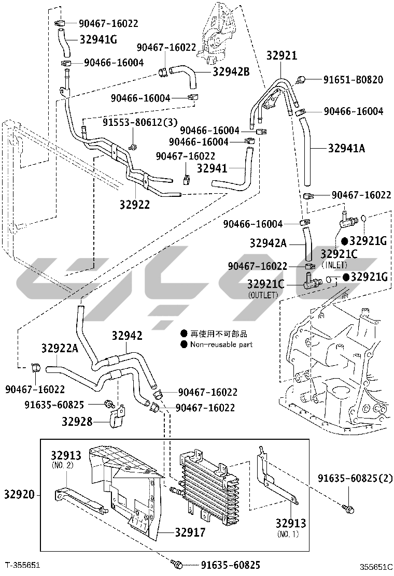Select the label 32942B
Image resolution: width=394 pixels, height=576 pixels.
(231, 71)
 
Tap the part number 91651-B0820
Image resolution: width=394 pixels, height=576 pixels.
(353, 80)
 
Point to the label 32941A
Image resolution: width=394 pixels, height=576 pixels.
(346, 148)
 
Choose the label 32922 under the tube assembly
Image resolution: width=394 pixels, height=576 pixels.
(134, 204)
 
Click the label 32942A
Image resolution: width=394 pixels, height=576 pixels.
(268, 243)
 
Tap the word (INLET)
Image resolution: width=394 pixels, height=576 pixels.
(334, 265)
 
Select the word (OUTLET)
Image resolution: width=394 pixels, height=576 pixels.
(263, 295)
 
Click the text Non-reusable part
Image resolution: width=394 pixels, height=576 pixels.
(221, 344)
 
